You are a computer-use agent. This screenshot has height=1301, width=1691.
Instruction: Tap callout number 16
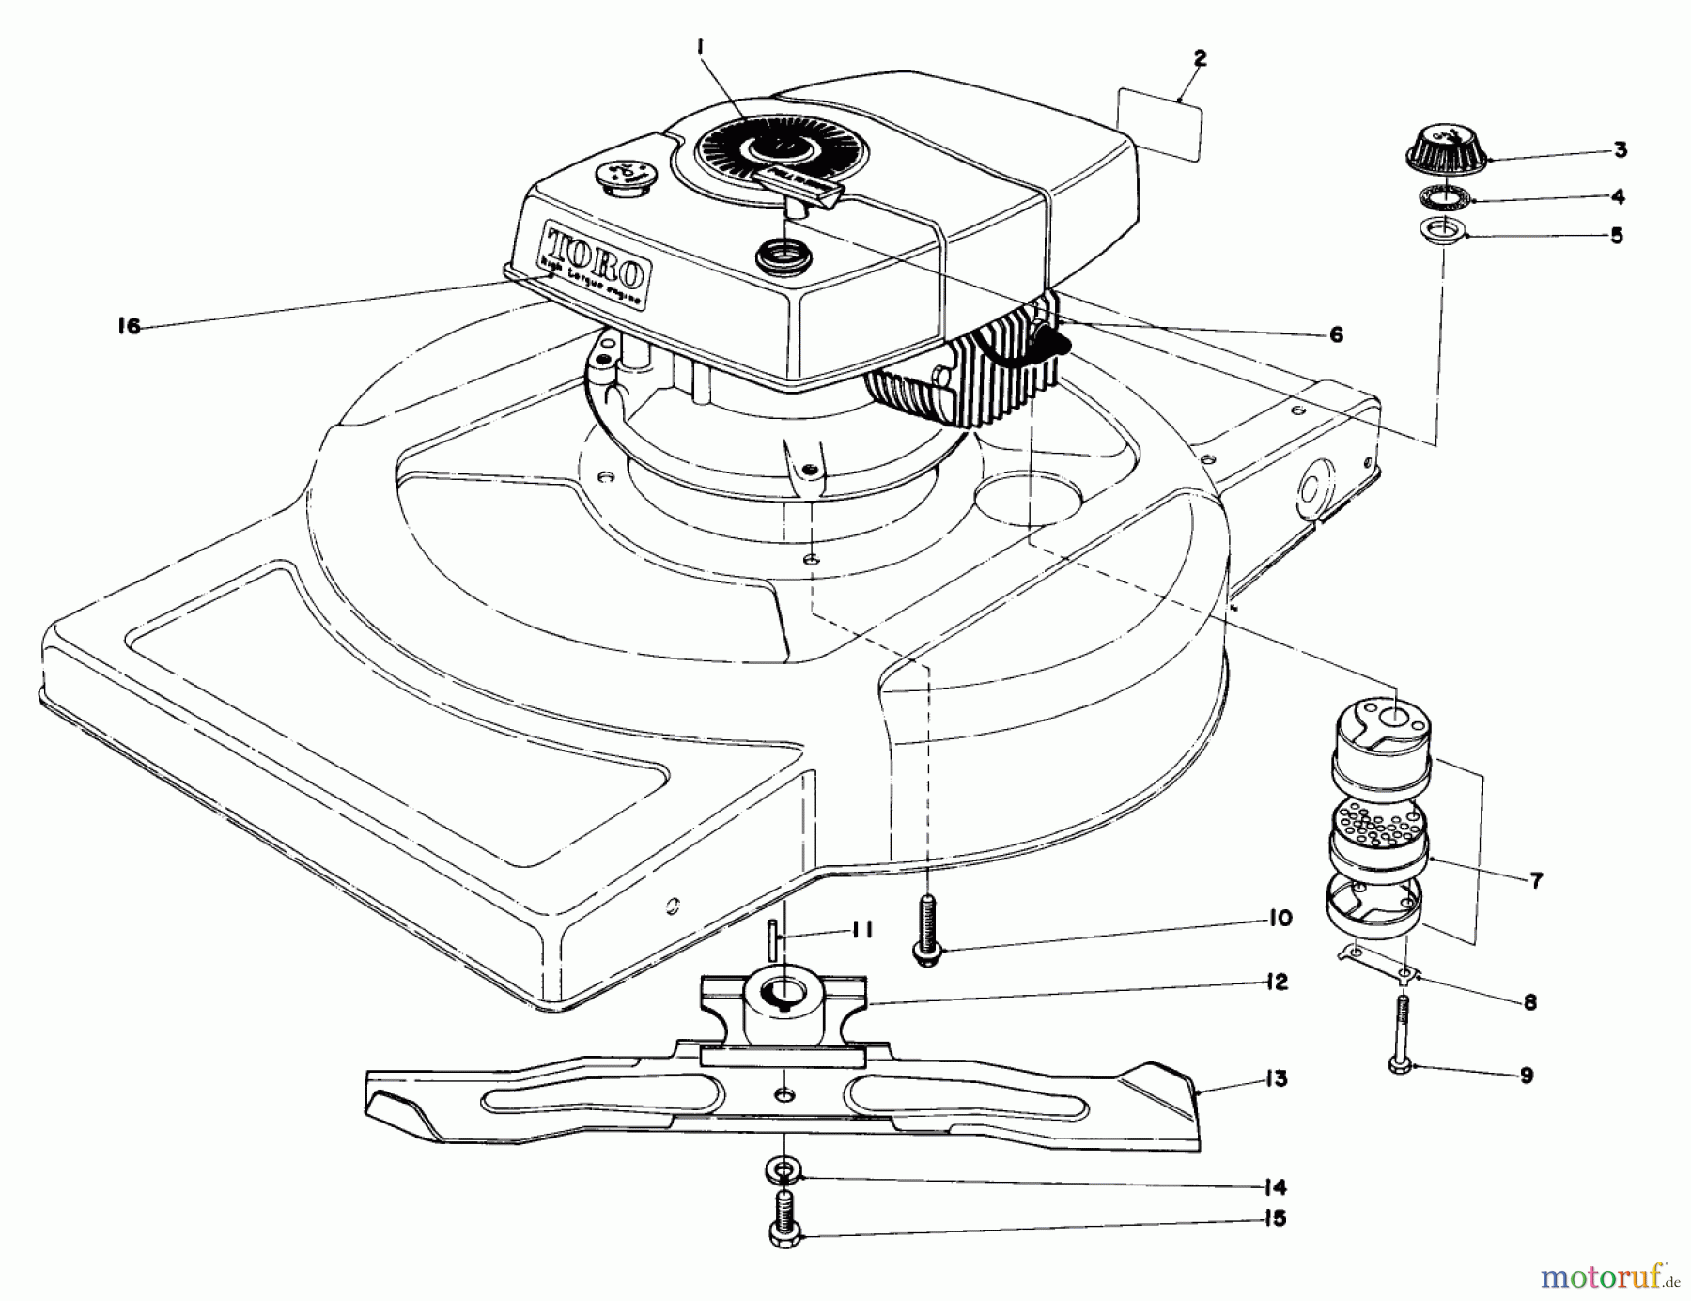(x=130, y=326)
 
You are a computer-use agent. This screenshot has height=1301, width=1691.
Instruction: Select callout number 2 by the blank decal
(x=1200, y=58)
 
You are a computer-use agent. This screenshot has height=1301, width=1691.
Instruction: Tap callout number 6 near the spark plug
(x=1336, y=334)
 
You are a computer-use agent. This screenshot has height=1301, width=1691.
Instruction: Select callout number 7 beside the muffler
(x=1535, y=880)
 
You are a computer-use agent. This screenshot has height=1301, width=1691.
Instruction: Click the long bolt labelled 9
(x=1401, y=1034)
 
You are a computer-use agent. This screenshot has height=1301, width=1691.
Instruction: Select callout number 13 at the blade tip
(x=1275, y=1079)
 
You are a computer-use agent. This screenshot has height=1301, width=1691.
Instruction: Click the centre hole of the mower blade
(x=783, y=1094)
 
